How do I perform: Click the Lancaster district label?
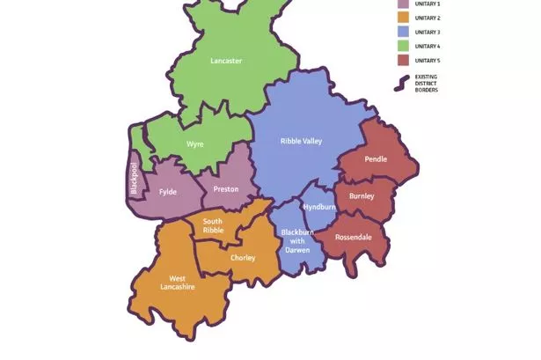pyautogui.click(x=226, y=61)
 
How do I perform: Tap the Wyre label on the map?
pyautogui.click(x=195, y=143)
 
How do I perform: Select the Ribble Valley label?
pyautogui.click(x=301, y=141)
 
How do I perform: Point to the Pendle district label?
pyautogui.click(x=376, y=159)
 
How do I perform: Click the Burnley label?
pyautogui.click(x=361, y=195)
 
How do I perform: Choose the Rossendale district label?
pyautogui.click(x=355, y=238)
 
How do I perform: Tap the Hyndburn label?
pyautogui.click(x=319, y=207)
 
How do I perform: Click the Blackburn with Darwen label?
pyautogui.click(x=297, y=240)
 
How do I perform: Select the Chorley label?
pyautogui.click(x=243, y=258)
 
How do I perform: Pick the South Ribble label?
pyautogui.click(x=214, y=226)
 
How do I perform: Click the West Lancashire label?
pyautogui.click(x=177, y=281)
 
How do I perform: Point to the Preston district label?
pyautogui.click(x=226, y=189)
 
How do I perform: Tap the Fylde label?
pyautogui.click(x=168, y=192)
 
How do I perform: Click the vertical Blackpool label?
pyautogui.click(x=134, y=180)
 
